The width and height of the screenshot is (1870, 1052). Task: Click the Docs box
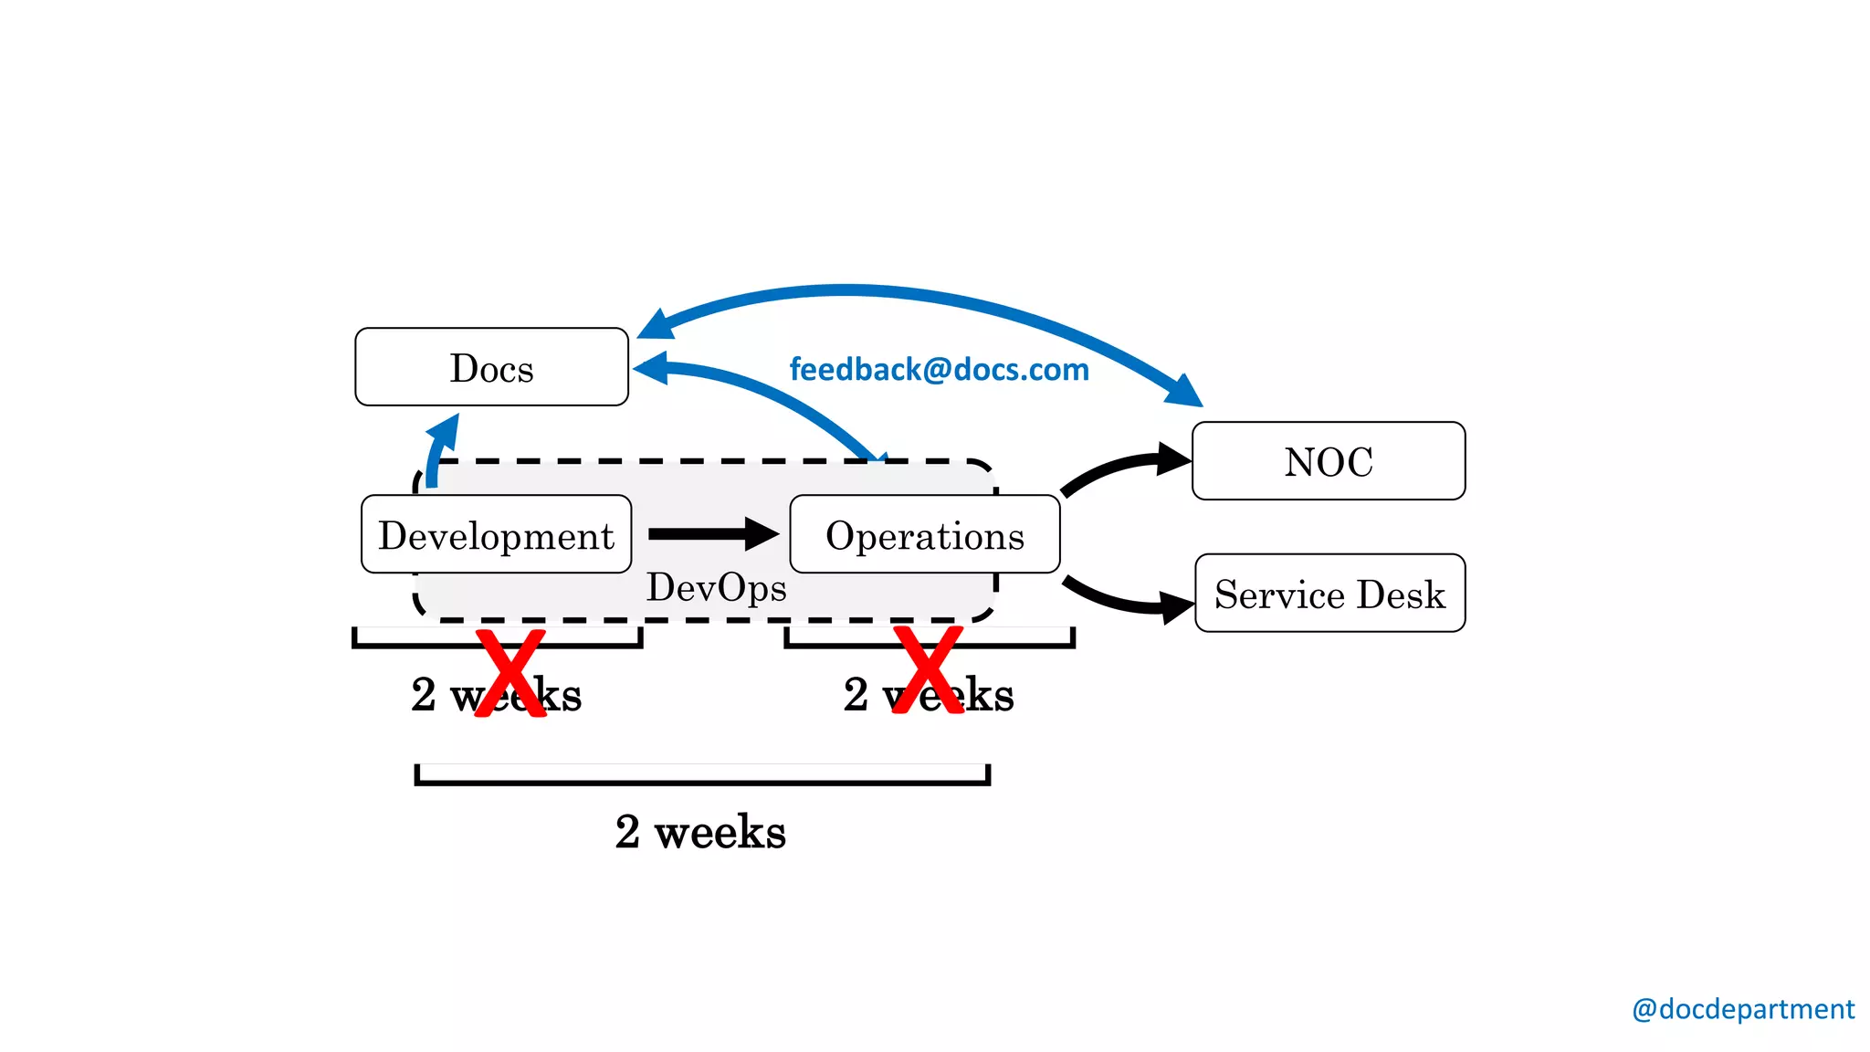tap(491, 367)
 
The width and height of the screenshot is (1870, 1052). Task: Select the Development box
tap(496, 535)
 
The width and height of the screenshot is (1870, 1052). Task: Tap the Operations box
tap(924, 535)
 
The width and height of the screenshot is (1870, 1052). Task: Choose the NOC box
tap(1329, 461)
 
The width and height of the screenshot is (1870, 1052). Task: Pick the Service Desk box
tap(1329, 594)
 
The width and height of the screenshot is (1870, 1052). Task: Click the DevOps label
tap(716, 588)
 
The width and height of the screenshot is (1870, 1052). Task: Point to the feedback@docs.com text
tap(939, 370)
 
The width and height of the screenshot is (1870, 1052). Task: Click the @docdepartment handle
tap(1742, 1009)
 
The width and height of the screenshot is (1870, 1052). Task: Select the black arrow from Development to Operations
tap(712, 534)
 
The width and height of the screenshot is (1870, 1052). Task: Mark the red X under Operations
tap(928, 670)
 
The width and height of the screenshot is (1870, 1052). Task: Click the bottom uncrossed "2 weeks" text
tap(700, 832)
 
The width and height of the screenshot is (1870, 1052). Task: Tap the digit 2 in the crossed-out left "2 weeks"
tap(424, 695)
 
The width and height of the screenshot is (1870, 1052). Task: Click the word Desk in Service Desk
tap(1401, 594)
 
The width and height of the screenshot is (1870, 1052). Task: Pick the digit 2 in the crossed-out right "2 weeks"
tap(856, 695)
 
